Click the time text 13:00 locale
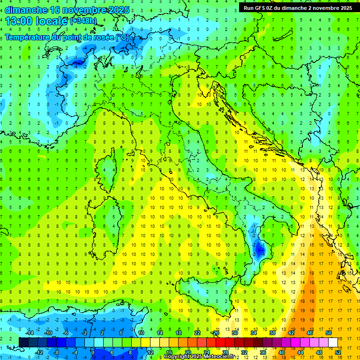pyautogui.click(x=37, y=21)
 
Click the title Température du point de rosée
pyautogui.click(x=67, y=37)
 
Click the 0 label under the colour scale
pyautogui.click(x=93, y=352)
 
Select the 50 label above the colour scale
pyautogui.click(x=328, y=333)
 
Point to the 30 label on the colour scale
pyautogui.click(x=234, y=333)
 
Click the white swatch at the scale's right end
pyautogui.click(x=333, y=342)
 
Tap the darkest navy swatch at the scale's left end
pyautogui.click(x=23, y=342)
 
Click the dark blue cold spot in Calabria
pyautogui.click(x=259, y=250)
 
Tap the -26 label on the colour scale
pyautogui.click(x=215, y=333)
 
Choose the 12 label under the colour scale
pyautogui.click(x=151, y=352)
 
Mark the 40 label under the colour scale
pyautogui.click(x=282, y=352)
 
